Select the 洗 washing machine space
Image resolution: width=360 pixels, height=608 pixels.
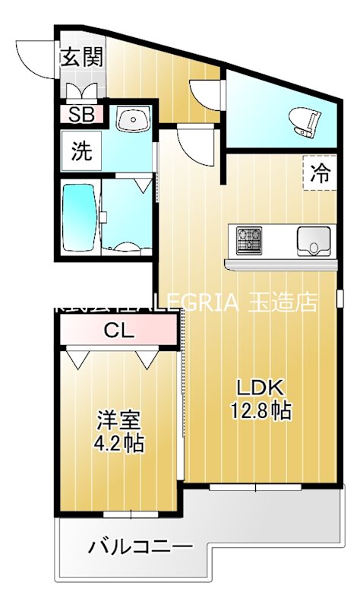point(81,151)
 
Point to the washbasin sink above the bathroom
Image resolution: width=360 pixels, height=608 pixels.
point(134,119)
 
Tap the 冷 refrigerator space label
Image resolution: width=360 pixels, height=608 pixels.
point(320,173)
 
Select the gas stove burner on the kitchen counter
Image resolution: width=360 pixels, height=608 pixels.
point(249,239)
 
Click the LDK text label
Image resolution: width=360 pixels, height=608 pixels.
point(262,388)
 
